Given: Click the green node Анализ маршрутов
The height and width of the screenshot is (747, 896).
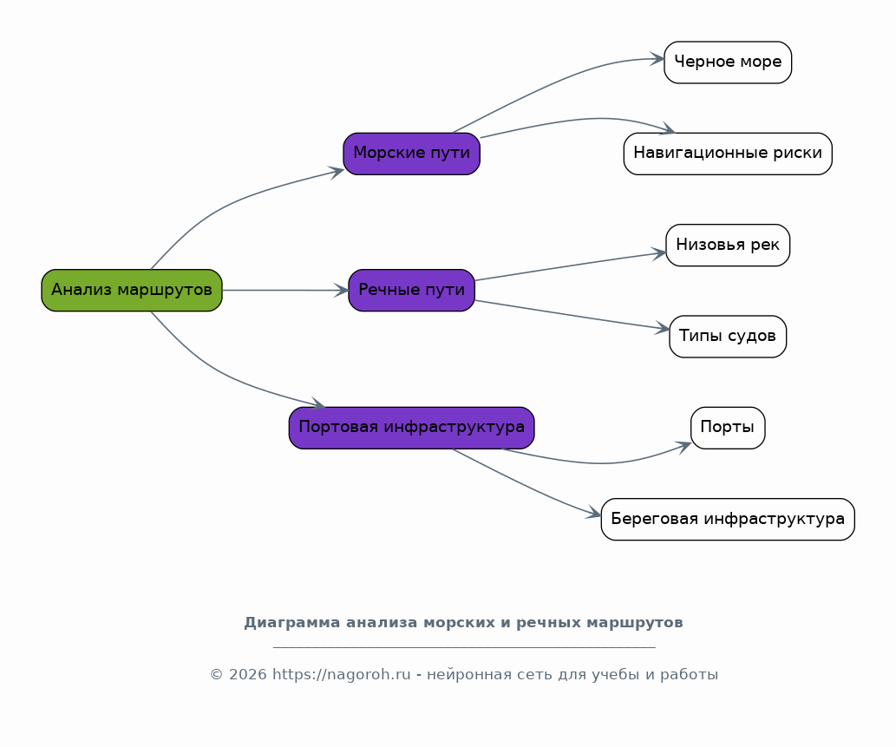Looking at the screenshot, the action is coord(132,291).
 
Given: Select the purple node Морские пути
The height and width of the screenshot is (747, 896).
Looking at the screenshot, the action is coord(411,154).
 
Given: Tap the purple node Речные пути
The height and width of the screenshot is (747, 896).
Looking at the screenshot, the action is coord(411,291).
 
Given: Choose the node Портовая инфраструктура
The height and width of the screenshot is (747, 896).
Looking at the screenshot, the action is coord(411,428).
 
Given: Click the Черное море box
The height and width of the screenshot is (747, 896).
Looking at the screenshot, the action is coord(728,62).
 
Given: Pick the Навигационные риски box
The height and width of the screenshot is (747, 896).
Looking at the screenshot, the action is coord(728,154).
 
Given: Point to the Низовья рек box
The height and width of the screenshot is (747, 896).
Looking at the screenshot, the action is coord(728,246).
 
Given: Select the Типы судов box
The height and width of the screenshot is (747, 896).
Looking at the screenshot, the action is coord(728,336).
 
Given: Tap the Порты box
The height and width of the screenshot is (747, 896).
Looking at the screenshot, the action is coord(728,428).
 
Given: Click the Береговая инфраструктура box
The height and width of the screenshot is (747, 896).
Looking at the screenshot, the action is coord(728,519).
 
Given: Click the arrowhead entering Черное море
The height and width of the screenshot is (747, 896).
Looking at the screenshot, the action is coord(657,59).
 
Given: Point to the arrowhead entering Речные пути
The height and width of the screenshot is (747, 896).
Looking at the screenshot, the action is coord(341,291).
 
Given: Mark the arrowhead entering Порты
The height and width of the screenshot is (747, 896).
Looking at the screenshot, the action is coord(684,446).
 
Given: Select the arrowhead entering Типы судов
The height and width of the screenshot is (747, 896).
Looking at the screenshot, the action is coord(663,328).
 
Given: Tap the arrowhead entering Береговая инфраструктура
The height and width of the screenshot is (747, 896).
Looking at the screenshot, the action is coord(593,513).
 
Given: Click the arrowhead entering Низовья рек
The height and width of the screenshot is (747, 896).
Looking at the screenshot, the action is coord(659,253).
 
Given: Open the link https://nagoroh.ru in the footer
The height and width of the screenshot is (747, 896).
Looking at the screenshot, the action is coord(341,674).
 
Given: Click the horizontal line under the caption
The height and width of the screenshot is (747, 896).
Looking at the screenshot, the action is coord(464,647).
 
